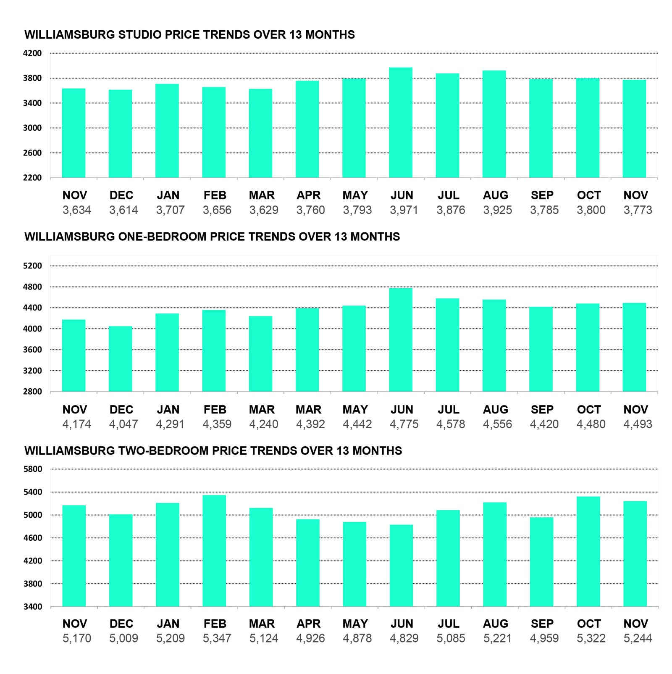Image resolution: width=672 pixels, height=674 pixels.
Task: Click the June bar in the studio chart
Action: pos(400,123)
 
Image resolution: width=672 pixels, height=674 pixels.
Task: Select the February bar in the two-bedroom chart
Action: pos(214,550)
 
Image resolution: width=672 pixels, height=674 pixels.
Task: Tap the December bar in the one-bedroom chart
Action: pos(121,359)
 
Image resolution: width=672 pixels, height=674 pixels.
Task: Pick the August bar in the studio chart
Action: pos(494,124)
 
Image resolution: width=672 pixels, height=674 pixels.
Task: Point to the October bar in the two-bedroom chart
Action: pos(588,551)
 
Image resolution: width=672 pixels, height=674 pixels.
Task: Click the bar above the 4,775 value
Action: pos(400,340)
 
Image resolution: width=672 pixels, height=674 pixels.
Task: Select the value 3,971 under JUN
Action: pos(404,210)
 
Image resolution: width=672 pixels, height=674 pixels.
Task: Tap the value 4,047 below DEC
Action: pos(123,424)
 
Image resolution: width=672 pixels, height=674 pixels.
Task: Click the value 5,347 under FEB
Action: pos(217,638)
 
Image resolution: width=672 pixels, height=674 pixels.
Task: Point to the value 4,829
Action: pos(404,638)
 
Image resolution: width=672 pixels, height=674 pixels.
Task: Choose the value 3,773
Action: pos(638,210)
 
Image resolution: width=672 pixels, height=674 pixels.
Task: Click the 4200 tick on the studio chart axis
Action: pos(33,53)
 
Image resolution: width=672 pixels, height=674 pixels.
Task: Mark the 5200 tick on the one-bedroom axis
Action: pos(33,266)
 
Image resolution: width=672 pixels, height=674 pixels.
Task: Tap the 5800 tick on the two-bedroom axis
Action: pos(33,469)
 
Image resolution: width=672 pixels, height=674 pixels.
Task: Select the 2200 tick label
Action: pos(33,178)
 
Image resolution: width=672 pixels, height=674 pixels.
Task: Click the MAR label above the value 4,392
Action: pos(308,410)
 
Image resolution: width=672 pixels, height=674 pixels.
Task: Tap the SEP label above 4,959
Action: pos(542,624)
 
